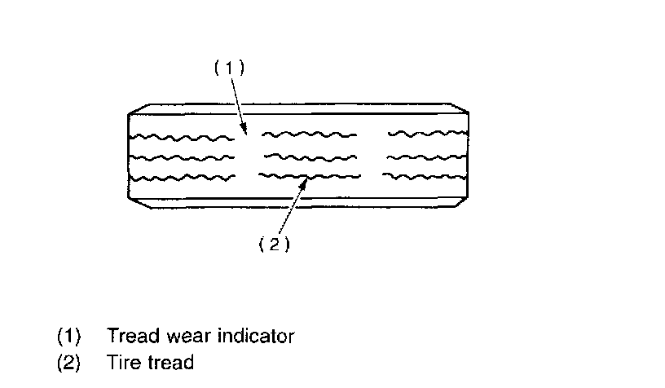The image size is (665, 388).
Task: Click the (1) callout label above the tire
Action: (229, 68)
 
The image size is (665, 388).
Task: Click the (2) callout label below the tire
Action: (274, 244)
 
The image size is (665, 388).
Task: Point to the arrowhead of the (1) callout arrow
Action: (246, 130)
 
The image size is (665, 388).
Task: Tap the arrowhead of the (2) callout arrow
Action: (305, 182)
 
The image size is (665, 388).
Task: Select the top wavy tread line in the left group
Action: (181, 138)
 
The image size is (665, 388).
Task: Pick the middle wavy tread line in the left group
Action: (181, 157)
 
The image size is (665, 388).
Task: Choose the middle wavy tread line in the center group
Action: (310, 156)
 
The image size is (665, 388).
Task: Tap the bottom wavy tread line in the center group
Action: (309, 175)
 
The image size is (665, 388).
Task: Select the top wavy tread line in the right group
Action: (426, 133)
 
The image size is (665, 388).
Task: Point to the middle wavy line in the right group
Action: (426, 155)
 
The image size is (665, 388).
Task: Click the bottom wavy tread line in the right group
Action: (425, 175)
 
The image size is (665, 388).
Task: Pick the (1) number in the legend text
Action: (68, 336)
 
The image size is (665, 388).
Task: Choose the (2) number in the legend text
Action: (68, 363)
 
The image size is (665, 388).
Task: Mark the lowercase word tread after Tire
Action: (170, 363)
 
